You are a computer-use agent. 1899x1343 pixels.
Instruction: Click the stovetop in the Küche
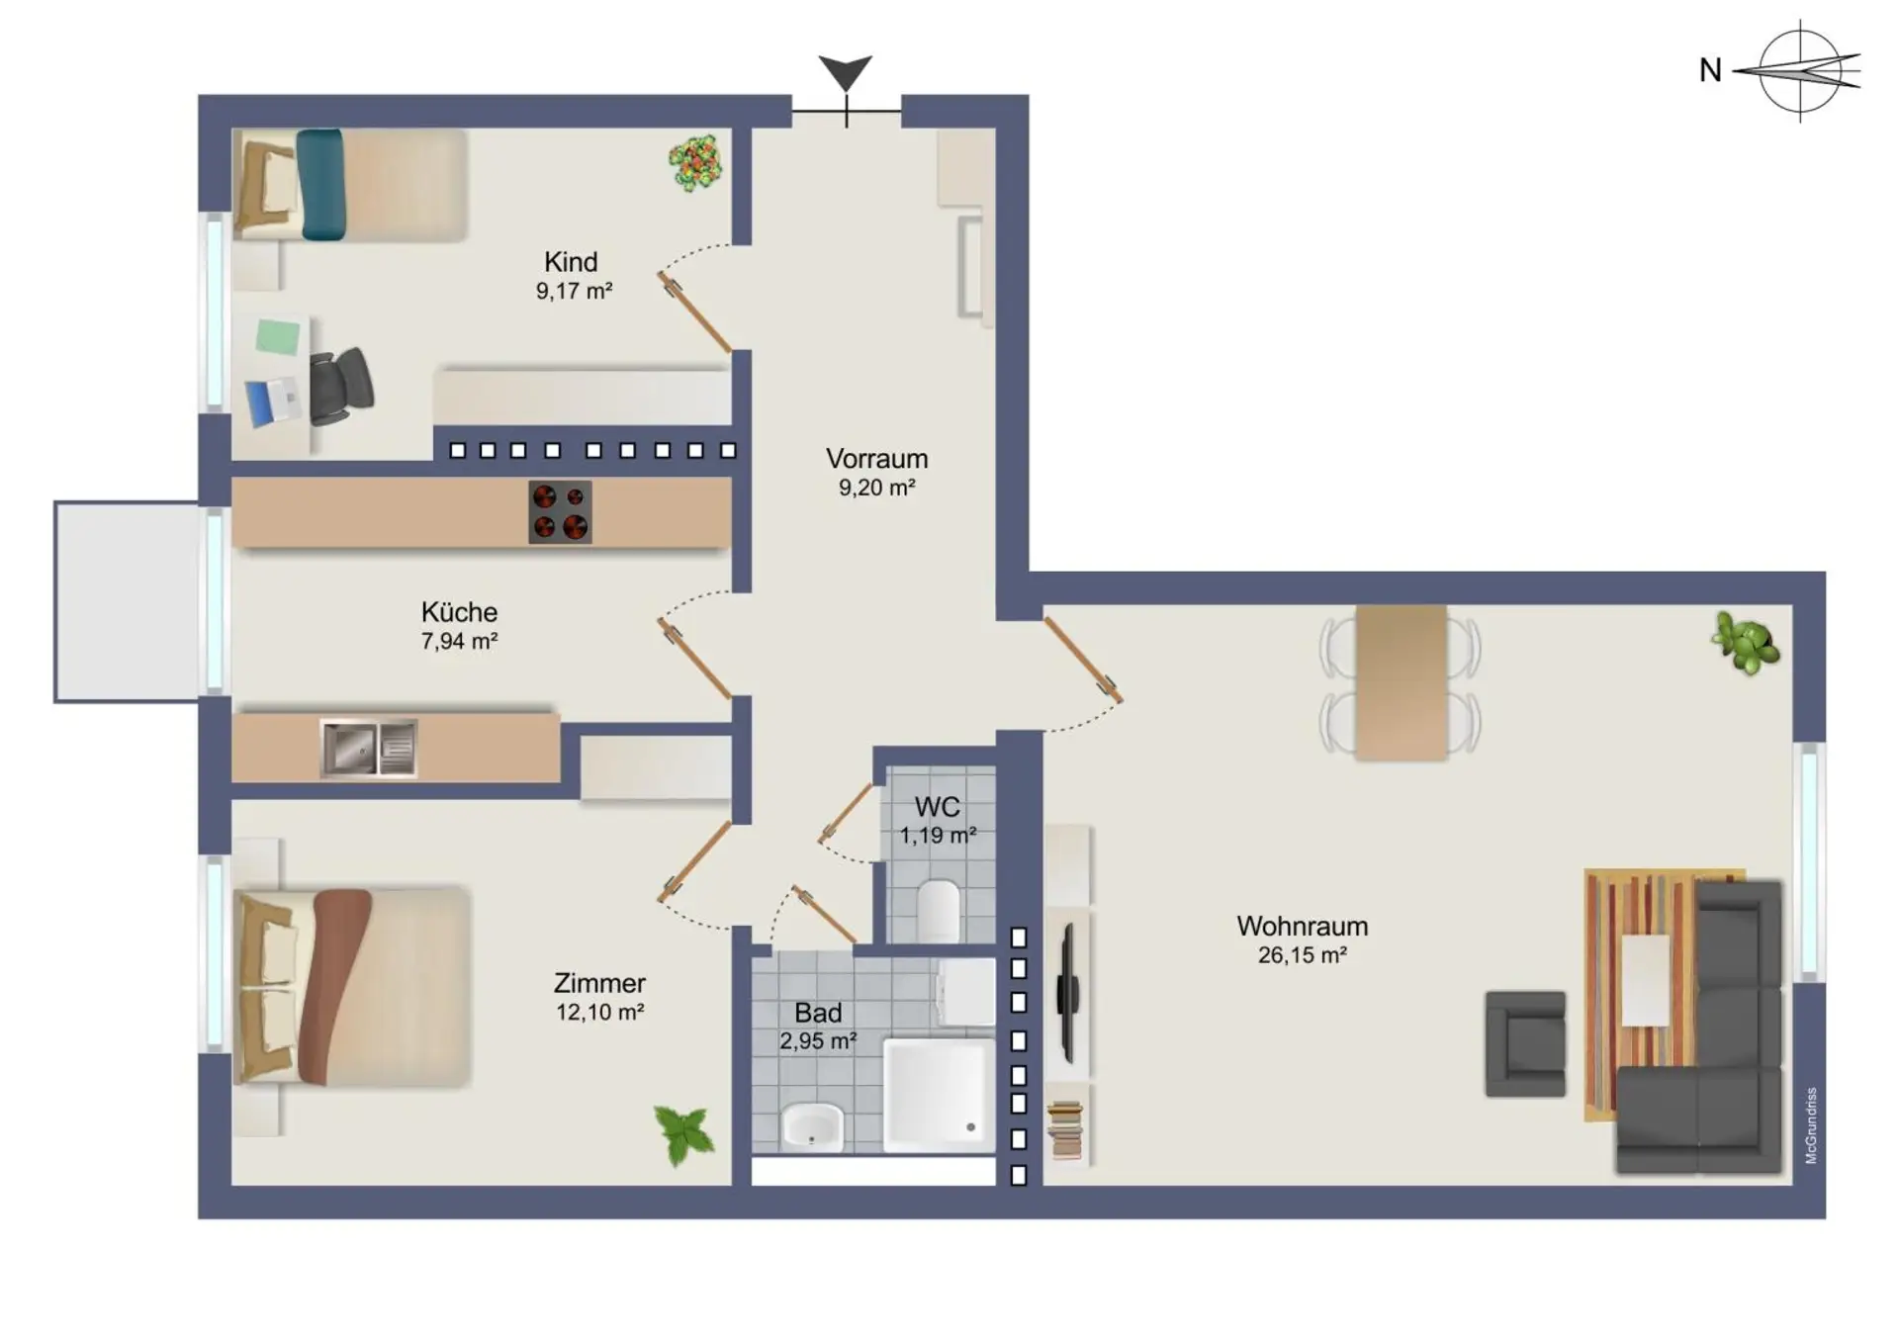click(x=560, y=511)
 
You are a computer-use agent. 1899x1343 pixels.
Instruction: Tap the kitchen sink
click(x=368, y=748)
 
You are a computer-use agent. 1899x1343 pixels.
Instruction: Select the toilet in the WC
click(x=939, y=911)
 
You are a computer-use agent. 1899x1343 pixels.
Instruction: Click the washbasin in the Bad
click(x=812, y=1126)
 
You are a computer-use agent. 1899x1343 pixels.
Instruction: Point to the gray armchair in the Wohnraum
click(x=1525, y=1044)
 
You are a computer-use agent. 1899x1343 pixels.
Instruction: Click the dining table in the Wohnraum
click(x=1402, y=682)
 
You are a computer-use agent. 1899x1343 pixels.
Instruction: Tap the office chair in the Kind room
click(x=341, y=386)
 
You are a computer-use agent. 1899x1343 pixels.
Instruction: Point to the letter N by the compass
click(x=1710, y=70)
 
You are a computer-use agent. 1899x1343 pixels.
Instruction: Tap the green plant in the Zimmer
click(x=684, y=1134)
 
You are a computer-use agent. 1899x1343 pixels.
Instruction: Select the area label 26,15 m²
click(x=1302, y=955)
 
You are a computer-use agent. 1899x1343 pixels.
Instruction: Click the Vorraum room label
click(x=876, y=459)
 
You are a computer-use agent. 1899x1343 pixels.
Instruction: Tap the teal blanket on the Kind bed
click(x=320, y=185)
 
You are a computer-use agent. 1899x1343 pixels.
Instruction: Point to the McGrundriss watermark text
click(x=1811, y=1125)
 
